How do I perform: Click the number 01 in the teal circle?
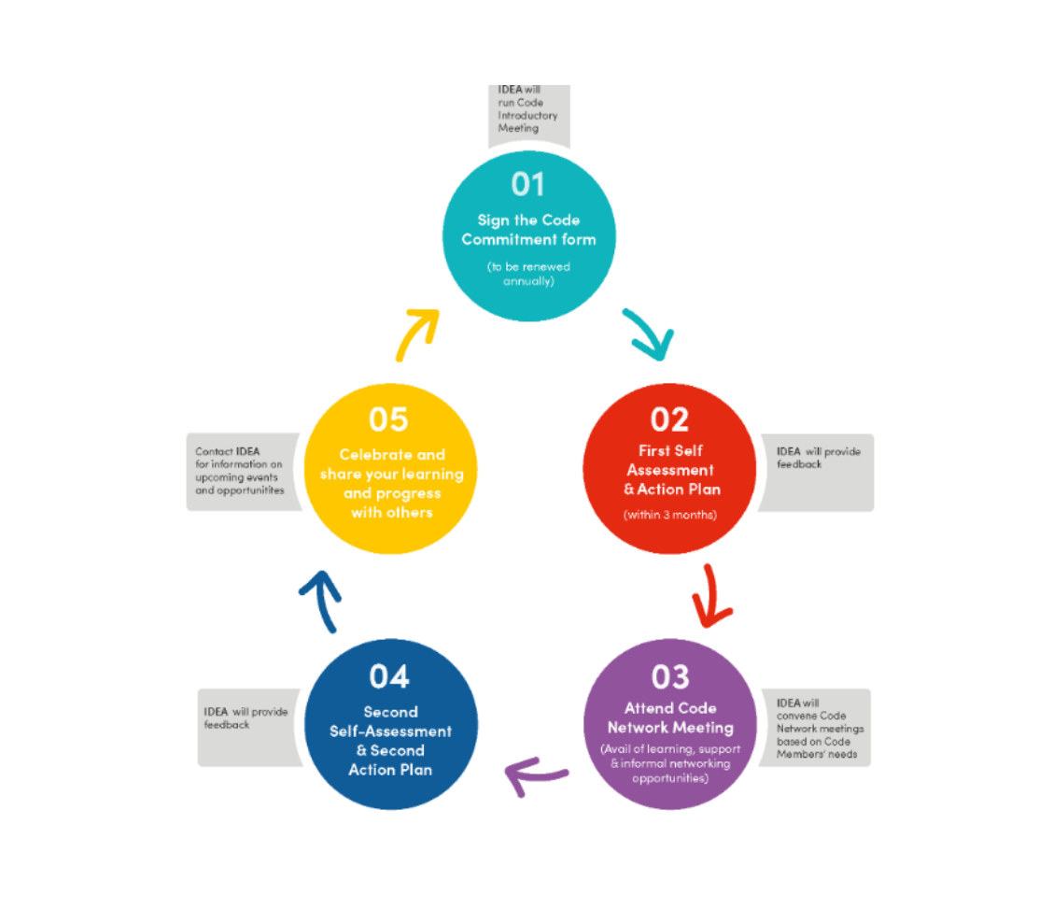click(527, 184)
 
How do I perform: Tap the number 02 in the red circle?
click(669, 419)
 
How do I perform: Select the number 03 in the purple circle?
click(670, 677)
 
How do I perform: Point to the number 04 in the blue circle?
click(389, 677)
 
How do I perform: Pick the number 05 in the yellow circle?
click(389, 419)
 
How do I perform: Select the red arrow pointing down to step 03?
click(710, 597)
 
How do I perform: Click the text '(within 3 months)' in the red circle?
click(670, 515)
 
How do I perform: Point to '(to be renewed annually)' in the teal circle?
click(529, 274)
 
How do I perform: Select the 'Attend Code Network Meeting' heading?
click(670, 718)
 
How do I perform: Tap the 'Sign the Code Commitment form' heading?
click(528, 230)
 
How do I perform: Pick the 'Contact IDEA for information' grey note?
click(242, 471)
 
